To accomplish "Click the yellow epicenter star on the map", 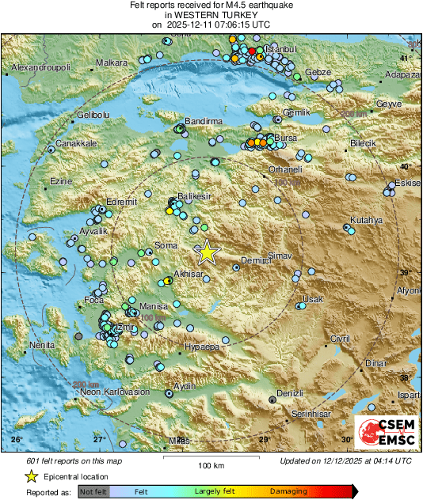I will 207,252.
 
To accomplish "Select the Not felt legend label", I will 94,491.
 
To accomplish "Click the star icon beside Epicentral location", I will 31,477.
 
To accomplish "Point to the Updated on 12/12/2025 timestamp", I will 345,460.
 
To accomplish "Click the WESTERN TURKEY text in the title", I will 211,15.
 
